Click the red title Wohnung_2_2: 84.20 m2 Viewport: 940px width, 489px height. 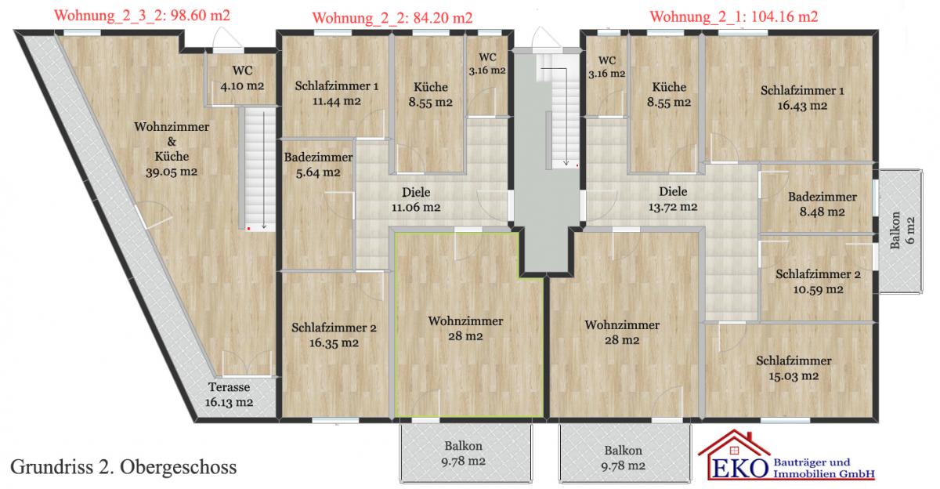(392, 18)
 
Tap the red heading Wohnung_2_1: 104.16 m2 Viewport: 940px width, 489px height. (734, 16)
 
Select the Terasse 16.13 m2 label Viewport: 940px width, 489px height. (229, 394)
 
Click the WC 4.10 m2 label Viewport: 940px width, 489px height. (243, 78)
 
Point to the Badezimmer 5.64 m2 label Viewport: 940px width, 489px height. (318, 165)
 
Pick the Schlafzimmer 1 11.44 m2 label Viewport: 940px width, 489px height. (337, 93)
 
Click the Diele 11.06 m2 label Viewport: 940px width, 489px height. (416, 199)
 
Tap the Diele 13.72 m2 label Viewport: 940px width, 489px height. (673, 199)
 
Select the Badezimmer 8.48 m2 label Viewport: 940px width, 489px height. (822, 204)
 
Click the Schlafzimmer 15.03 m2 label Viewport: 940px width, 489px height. (794, 368)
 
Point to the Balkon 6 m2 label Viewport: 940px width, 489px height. (902, 230)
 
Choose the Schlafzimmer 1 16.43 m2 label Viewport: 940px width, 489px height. (802, 98)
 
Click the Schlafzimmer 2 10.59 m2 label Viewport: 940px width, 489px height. (818, 281)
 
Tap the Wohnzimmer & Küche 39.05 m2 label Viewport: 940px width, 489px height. (172, 149)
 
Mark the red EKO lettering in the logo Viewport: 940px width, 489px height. (739, 469)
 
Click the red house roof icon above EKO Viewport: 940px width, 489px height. (734, 443)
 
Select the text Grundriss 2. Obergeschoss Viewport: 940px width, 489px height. (124, 467)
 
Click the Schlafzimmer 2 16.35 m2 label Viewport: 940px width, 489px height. (334, 335)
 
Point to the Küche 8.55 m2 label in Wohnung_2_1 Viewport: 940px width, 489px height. (669, 95)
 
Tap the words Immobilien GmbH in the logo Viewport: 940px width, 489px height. (824, 474)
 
